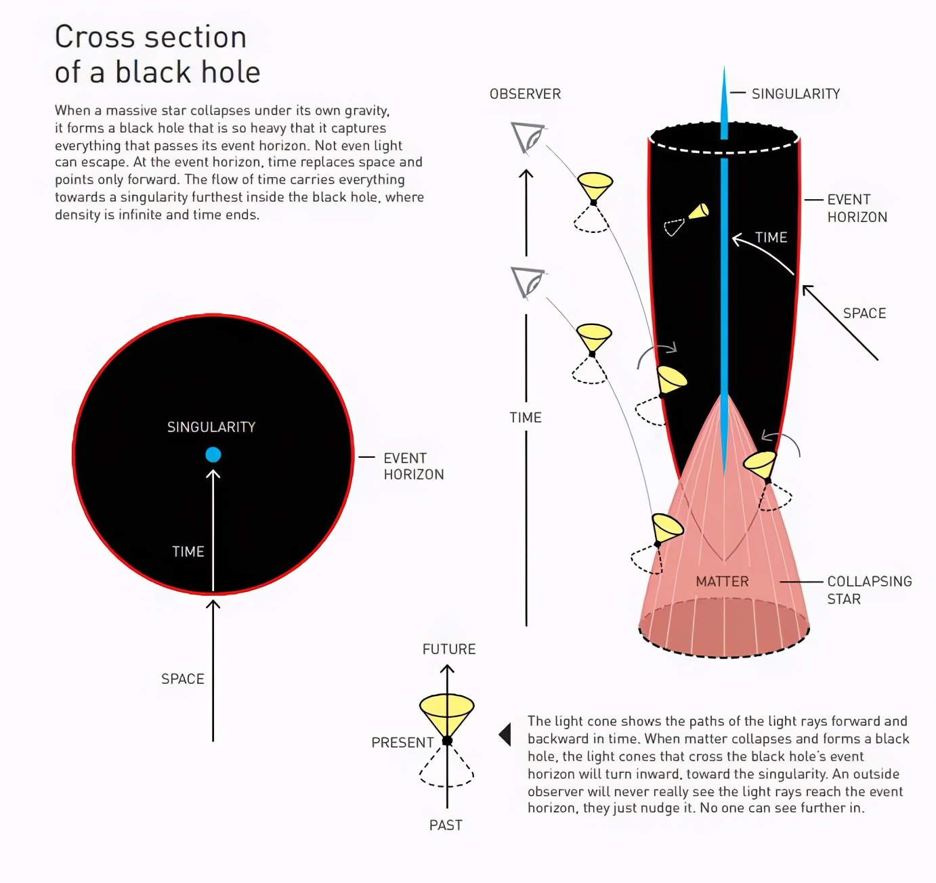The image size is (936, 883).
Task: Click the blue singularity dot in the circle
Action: (x=213, y=454)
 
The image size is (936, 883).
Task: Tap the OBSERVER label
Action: (x=525, y=94)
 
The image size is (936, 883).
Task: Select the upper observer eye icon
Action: (x=528, y=137)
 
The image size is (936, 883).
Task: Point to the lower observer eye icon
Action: (x=528, y=282)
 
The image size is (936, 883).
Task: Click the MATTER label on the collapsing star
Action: (x=722, y=582)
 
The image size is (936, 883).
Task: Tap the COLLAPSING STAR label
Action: (x=869, y=590)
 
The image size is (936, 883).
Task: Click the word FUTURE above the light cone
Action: (x=449, y=649)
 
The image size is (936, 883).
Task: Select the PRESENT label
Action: (x=402, y=743)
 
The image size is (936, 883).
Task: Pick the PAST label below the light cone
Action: (x=446, y=825)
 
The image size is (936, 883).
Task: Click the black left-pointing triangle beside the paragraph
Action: (x=505, y=734)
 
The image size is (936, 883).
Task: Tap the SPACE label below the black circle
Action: (x=182, y=679)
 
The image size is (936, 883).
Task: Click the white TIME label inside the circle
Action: (x=188, y=552)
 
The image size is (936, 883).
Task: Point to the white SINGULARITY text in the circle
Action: (x=211, y=427)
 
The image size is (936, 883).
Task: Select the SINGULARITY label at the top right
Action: (x=795, y=94)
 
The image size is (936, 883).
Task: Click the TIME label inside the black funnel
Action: (x=771, y=238)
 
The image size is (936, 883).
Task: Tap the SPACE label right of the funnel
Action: (x=864, y=314)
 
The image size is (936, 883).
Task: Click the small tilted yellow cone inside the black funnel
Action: (x=699, y=211)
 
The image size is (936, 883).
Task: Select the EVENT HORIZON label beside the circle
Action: (x=413, y=467)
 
